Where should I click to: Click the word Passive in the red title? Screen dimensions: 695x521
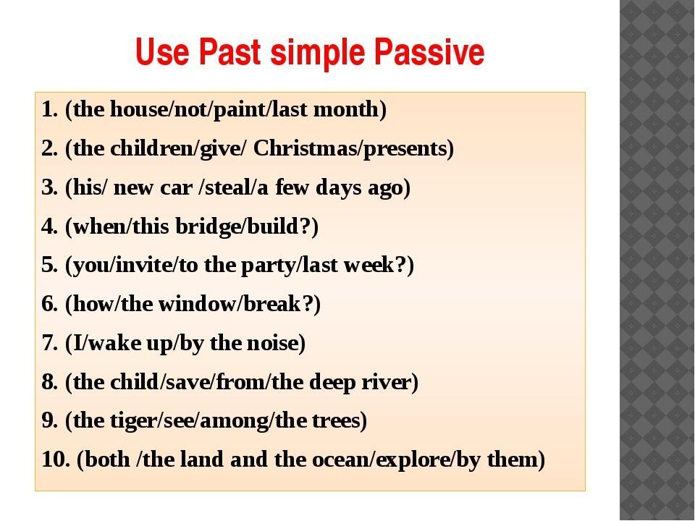429,52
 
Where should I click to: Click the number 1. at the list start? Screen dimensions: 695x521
50,109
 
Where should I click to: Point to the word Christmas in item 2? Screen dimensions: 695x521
306,148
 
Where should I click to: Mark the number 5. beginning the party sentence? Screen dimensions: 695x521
50,265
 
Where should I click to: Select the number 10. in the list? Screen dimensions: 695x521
56,459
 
